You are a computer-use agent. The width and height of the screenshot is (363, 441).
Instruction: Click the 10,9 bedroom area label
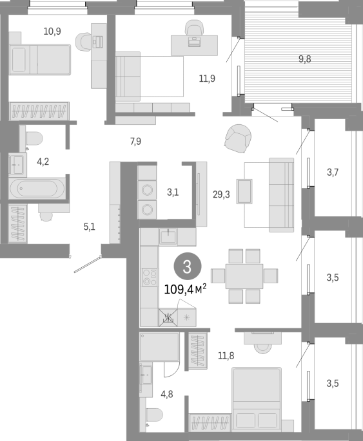(52, 31)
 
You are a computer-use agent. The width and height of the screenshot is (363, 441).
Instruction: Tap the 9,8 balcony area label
(305, 59)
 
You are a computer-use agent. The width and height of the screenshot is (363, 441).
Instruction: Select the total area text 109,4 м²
(185, 289)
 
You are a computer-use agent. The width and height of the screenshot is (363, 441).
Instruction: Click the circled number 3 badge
(187, 267)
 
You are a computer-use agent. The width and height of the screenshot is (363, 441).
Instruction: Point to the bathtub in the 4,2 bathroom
(37, 188)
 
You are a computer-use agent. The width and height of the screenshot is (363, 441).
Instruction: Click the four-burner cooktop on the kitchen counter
(149, 277)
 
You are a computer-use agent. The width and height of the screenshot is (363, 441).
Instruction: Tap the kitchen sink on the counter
(168, 236)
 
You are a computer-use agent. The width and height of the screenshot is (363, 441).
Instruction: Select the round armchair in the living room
(238, 138)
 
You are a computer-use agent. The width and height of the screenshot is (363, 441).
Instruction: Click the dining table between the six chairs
(244, 276)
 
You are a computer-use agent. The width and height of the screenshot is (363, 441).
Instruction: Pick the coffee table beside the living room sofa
(244, 191)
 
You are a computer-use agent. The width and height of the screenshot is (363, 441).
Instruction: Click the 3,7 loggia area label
(333, 172)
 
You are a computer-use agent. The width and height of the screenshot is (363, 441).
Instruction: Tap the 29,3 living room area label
(221, 194)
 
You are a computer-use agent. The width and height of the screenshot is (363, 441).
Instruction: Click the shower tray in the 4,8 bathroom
(159, 347)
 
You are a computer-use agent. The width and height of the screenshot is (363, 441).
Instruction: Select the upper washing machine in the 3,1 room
(147, 190)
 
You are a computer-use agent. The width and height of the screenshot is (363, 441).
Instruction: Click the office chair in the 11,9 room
(194, 28)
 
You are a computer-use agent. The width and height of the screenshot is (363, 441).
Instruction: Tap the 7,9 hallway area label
(135, 141)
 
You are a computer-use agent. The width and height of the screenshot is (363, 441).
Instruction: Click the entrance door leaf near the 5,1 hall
(87, 264)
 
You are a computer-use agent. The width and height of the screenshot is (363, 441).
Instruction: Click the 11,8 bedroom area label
(226, 356)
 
